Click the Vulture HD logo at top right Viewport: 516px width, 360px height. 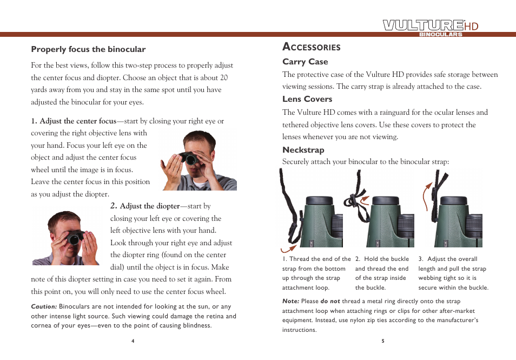pyautogui.click(x=431, y=27)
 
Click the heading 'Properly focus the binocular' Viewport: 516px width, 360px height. pyautogui.click(x=88, y=49)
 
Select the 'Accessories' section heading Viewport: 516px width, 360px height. pyautogui.click(x=312, y=47)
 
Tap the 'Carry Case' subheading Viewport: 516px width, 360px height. pyautogui.click(x=305, y=62)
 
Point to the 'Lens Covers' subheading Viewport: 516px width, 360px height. pyautogui.click(x=307, y=99)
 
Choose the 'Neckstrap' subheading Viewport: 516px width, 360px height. pyautogui.click(x=303, y=150)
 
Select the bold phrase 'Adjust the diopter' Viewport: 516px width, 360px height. pyautogui.click(x=149, y=206)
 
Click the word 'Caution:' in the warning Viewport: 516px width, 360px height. pyautogui.click(x=44, y=307)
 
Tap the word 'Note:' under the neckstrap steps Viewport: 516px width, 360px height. pyautogui.click(x=291, y=302)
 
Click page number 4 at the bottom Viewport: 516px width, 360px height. pyautogui.click(x=133, y=341)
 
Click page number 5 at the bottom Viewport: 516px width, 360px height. pyautogui.click(x=382, y=341)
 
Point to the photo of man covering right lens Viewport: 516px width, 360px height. pyautogui.click(x=199, y=160)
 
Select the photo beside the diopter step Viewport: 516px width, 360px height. pyautogui.click(x=66, y=238)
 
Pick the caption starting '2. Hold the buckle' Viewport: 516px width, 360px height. pyautogui.click(x=382, y=273)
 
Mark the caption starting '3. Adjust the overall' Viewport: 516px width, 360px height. pyautogui.click(x=453, y=273)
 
